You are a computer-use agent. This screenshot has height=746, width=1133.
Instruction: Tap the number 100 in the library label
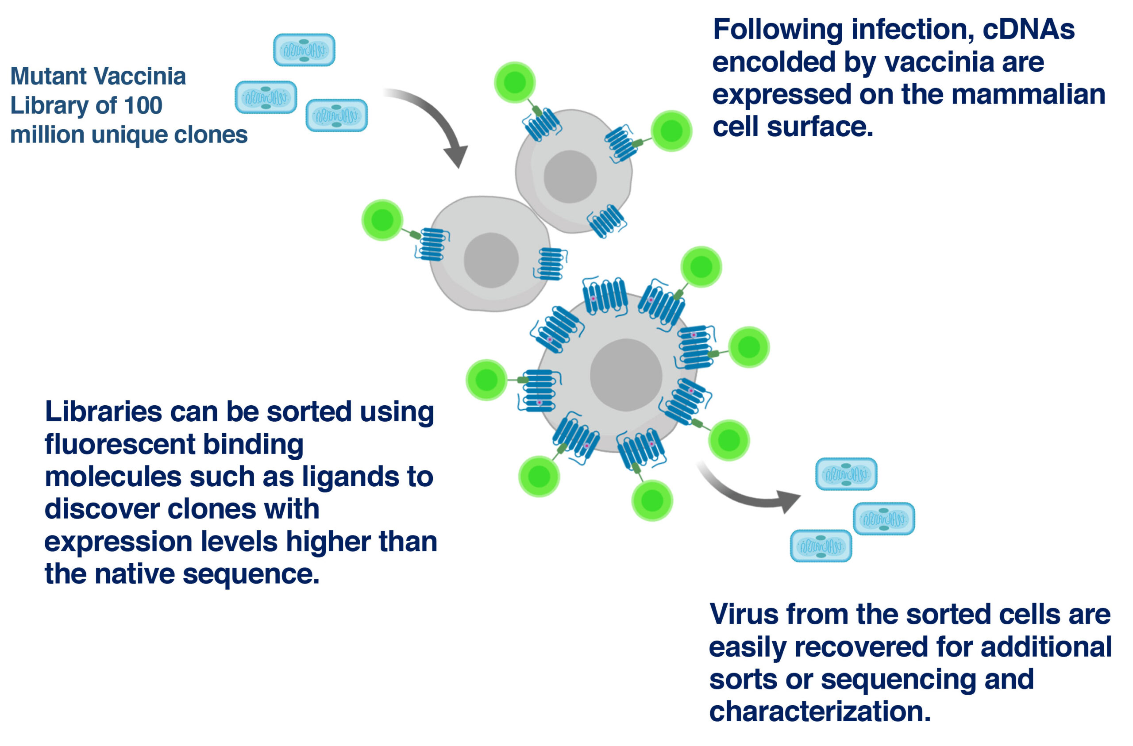pos(143,105)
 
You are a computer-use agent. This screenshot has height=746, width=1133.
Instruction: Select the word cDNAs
pos(1029,30)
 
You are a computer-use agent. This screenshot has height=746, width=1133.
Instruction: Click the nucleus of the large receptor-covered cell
pos(626,375)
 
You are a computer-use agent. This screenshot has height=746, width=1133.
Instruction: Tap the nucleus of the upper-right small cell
pos(570,177)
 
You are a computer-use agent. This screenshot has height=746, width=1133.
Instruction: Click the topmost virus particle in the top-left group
pos(304,50)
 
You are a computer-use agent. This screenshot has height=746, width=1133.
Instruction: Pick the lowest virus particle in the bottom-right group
pos(821,546)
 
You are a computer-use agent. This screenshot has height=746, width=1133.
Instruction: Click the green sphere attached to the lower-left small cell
pos(382,220)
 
